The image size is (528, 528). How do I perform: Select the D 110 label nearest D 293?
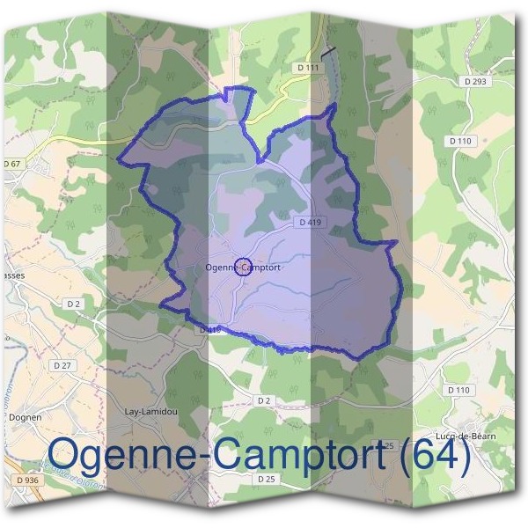click(460, 141)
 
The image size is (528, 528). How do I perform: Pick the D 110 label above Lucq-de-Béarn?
click(458, 390)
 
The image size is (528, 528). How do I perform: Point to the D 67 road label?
click(11, 164)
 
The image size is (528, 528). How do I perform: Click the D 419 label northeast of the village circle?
click(310, 223)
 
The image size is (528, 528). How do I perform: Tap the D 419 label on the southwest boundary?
click(208, 329)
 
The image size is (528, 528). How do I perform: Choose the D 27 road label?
click(62, 364)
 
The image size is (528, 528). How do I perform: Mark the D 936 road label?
click(26, 480)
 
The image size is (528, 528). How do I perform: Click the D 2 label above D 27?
click(74, 304)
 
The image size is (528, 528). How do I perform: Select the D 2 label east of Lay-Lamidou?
click(263, 400)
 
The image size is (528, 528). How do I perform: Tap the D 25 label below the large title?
click(267, 479)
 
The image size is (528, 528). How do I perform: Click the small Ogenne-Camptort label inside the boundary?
click(242, 268)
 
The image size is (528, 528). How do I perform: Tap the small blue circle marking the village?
click(246, 268)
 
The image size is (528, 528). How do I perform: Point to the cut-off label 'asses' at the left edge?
click(12, 274)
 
